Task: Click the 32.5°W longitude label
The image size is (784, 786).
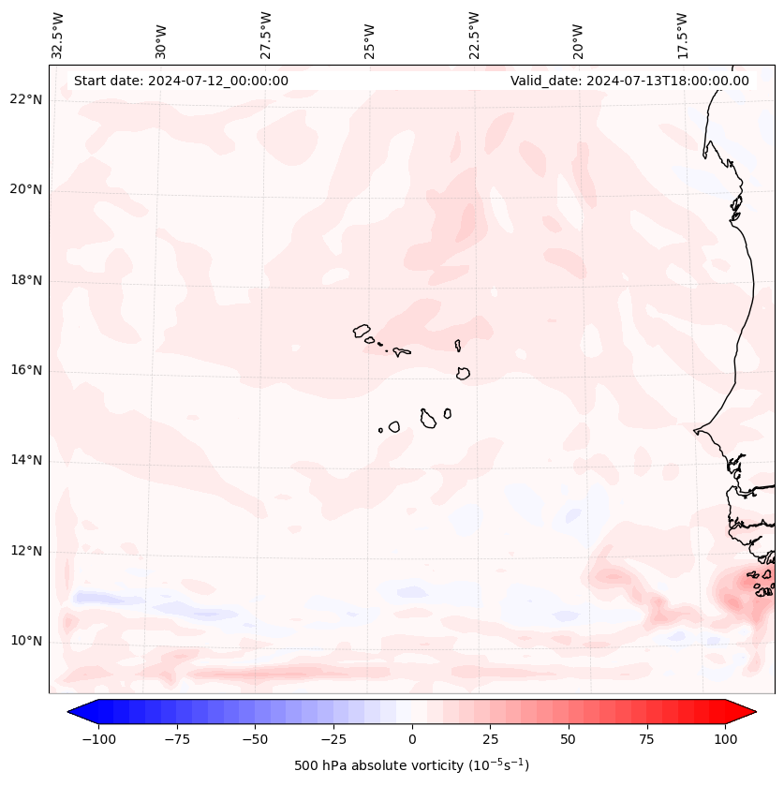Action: (x=58, y=35)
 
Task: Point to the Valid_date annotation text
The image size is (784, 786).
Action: (x=629, y=81)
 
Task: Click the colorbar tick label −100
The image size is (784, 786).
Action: (x=98, y=739)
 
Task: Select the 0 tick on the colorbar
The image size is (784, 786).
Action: (x=412, y=739)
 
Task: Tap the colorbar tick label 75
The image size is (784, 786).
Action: (x=646, y=739)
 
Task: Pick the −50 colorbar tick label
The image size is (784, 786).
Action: (x=256, y=739)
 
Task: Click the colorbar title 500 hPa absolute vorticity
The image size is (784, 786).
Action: (x=412, y=765)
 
